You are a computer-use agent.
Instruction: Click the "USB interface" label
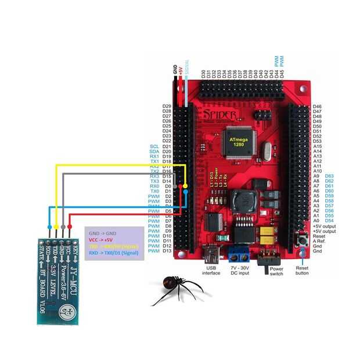[211, 270]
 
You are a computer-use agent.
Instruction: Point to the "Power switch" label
[275, 270]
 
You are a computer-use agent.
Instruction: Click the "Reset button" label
[301, 270]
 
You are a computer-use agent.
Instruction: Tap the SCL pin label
[154, 147]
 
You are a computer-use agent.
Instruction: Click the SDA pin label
[154, 152]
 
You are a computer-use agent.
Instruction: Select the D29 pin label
[167, 107]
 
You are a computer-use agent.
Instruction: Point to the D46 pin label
[318, 107]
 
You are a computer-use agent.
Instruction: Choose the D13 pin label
[167, 251]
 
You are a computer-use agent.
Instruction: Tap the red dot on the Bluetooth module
[70, 226]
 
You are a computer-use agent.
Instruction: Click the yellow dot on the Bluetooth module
[56, 226]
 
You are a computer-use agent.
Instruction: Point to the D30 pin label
[203, 74]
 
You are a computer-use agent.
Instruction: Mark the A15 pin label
[318, 147]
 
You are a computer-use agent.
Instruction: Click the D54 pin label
[330, 221]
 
